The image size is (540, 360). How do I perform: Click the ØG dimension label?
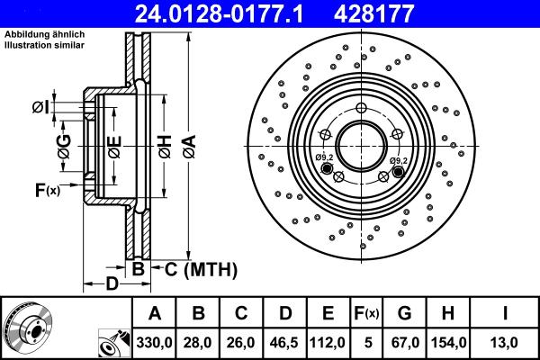tap(64, 150)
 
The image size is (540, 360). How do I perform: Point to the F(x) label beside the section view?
tap(46, 190)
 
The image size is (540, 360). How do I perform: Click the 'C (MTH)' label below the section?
tap(200, 267)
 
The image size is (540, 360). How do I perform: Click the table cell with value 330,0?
tap(155, 341)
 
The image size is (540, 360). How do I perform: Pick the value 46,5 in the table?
tap(286, 341)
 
